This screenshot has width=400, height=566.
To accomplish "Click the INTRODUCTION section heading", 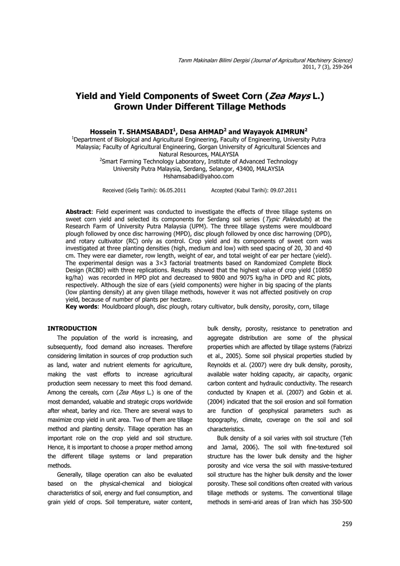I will click(x=72, y=328).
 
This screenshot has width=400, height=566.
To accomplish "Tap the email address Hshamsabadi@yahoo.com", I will click(x=199, y=176).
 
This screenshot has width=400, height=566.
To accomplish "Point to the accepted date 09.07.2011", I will click(x=283, y=191).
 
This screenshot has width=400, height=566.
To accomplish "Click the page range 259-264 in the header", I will click(x=338, y=67).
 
